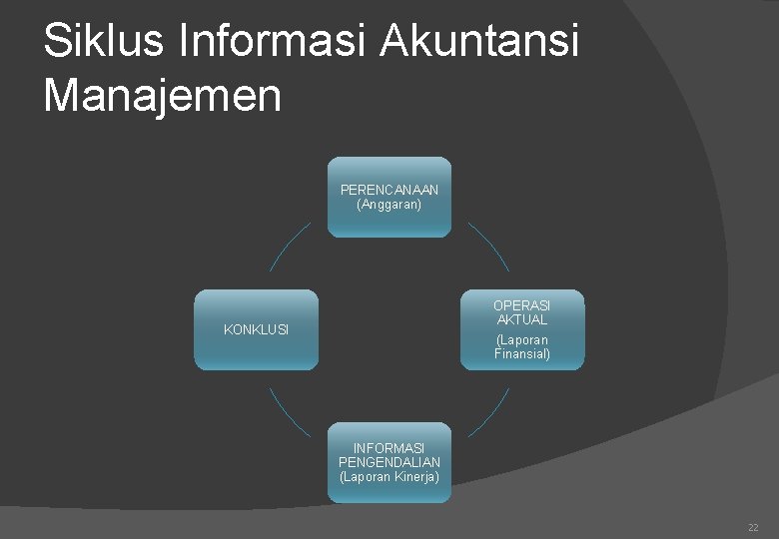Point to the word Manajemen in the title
pyautogui.click(x=163, y=96)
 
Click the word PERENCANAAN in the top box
pyautogui.click(x=389, y=190)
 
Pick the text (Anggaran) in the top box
pyautogui.click(x=389, y=204)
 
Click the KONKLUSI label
pyautogui.click(x=256, y=330)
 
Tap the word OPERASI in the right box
pyautogui.click(x=521, y=305)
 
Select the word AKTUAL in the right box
pyautogui.click(x=521, y=320)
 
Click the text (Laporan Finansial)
pyautogui.click(x=521, y=346)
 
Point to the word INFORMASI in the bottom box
pyautogui.click(x=389, y=448)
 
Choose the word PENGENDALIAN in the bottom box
pyautogui.click(x=389, y=462)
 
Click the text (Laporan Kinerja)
pyautogui.click(x=389, y=476)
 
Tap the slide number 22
pyautogui.click(x=753, y=527)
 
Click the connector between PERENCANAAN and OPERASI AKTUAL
pyautogui.click(x=488, y=247)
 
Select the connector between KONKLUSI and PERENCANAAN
pyautogui.click(x=290, y=247)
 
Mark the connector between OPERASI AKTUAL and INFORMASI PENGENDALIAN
pyautogui.click(x=488, y=412)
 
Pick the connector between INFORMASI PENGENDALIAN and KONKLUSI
pyautogui.click(x=290, y=411)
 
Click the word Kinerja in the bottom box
pyautogui.click(x=415, y=476)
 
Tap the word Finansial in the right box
pyautogui.click(x=521, y=353)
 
